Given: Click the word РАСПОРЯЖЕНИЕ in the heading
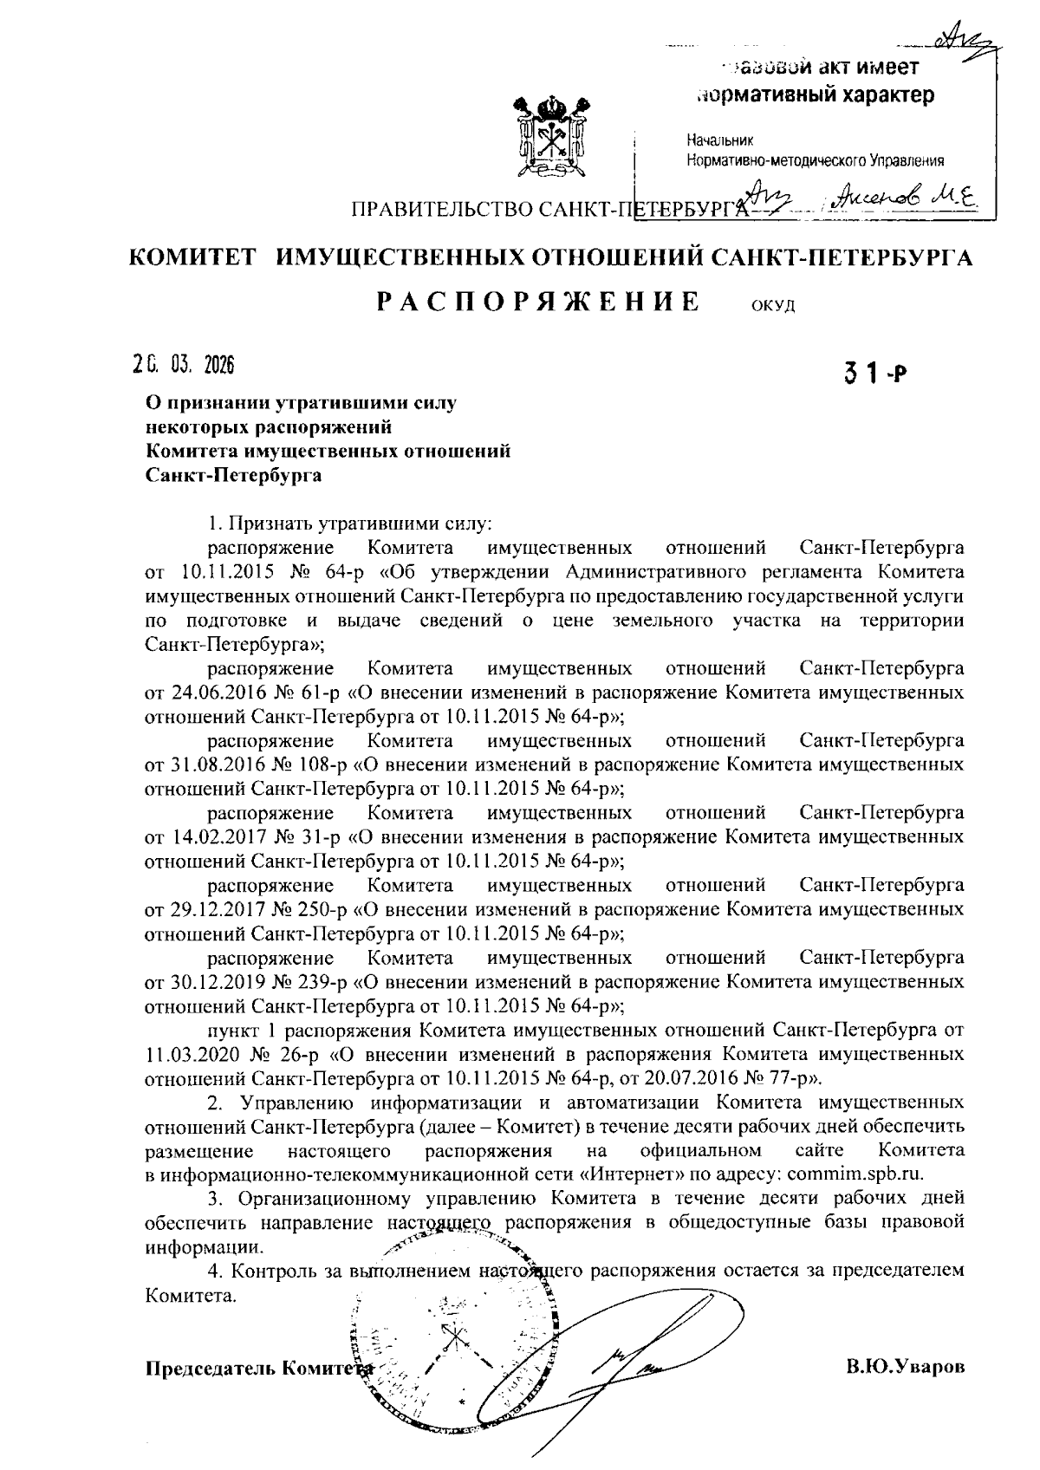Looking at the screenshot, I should (x=538, y=302).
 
